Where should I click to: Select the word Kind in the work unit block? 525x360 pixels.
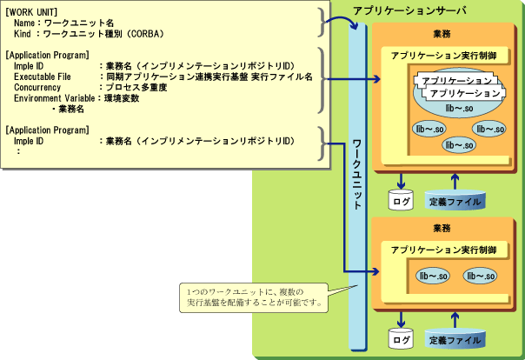(24, 32)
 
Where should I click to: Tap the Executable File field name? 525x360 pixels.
(43, 77)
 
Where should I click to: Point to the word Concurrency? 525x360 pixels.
(38, 88)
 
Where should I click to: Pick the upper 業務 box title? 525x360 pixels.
(442, 34)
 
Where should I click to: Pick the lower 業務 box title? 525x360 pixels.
(442, 227)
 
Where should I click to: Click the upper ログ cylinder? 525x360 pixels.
(400, 201)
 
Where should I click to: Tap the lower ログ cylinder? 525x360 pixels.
(400, 338)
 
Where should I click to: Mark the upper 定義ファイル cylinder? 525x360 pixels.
(456, 201)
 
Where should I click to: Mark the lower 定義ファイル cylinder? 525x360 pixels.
(456, 338)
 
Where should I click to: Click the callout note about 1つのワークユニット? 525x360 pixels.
(252, 297)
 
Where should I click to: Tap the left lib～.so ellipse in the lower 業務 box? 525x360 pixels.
(433, 277)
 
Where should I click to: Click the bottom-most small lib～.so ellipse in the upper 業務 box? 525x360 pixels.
(457, 145)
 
